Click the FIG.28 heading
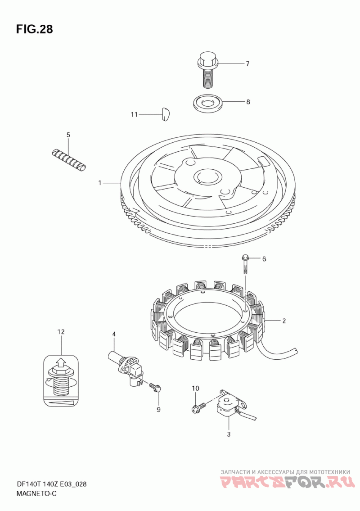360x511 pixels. [34, 29]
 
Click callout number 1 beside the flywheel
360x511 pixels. [100, 183]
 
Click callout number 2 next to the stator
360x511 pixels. [284, 321]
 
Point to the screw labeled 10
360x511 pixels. [199, 407]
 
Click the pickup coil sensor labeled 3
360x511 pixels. [232, 405]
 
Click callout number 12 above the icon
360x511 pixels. [61, 332]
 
